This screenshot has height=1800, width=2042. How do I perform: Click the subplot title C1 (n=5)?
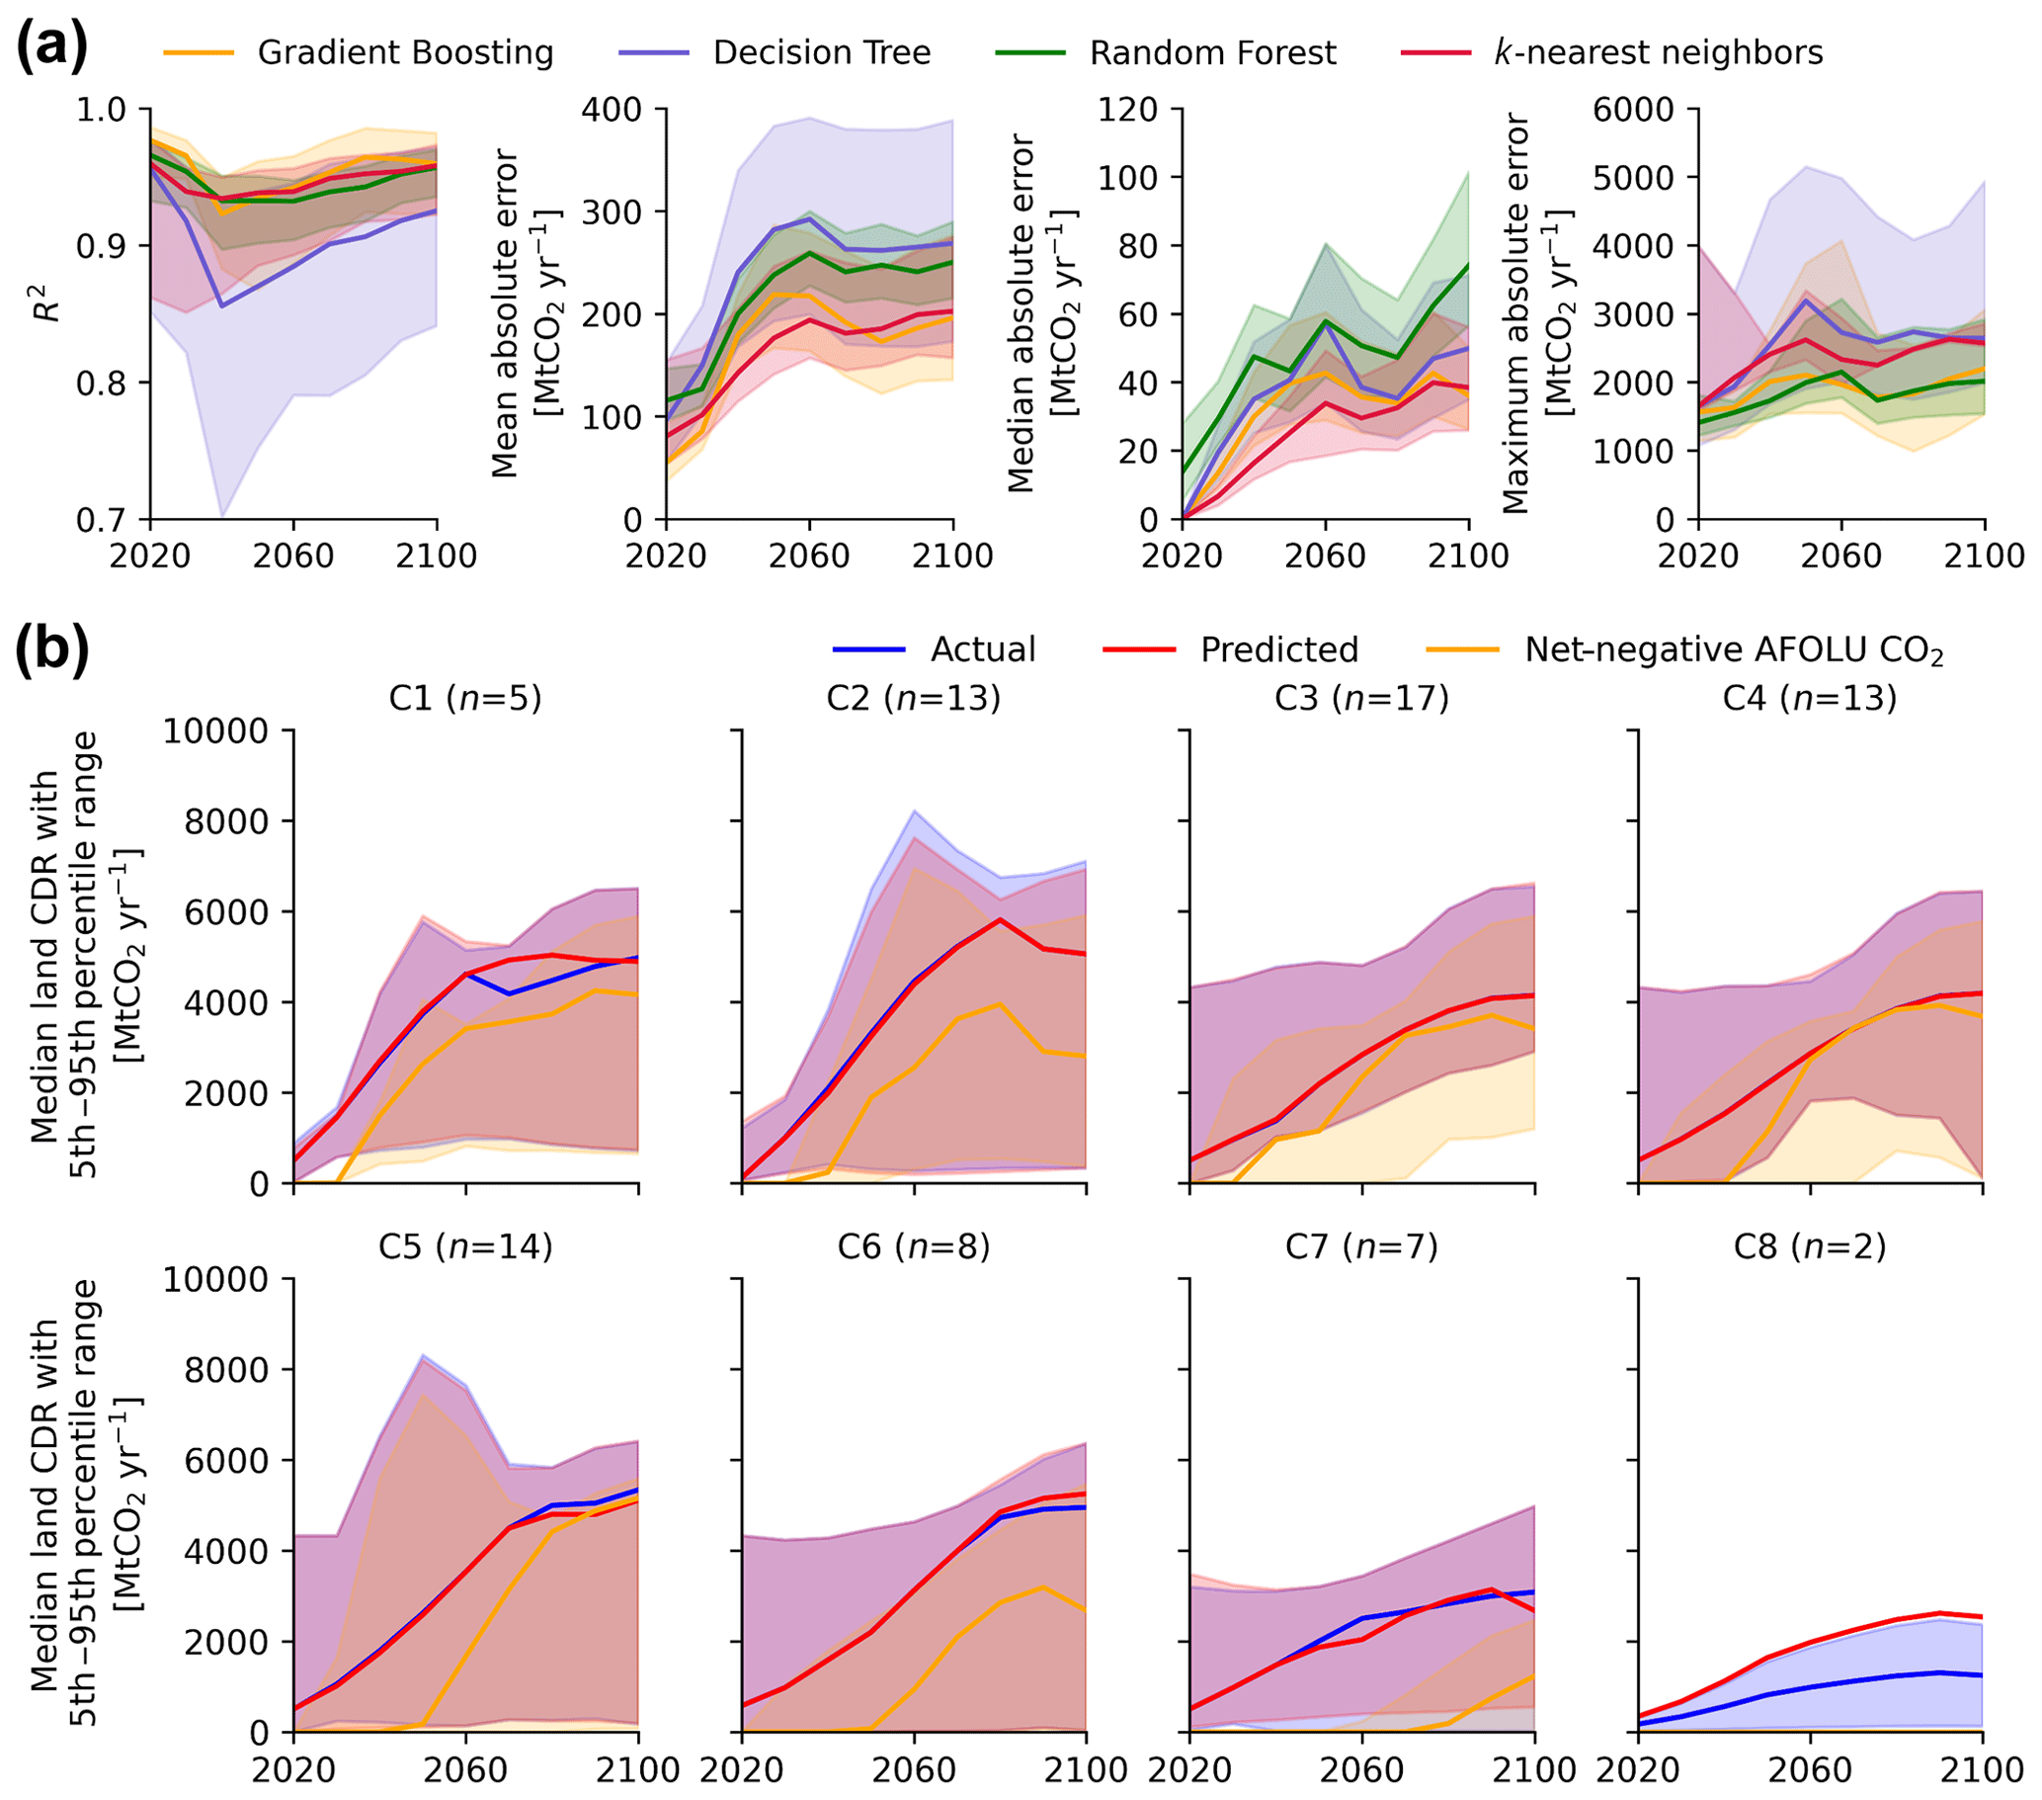point(465,698)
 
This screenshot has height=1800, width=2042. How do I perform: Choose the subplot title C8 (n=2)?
point(1810,1246)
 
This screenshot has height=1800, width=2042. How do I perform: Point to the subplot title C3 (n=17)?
point(1361,698)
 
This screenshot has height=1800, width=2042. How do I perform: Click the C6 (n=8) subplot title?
point(914,1246)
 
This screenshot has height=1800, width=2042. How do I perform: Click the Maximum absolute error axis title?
point(1539,312)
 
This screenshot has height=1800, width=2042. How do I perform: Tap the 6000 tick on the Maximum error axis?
point(1632,109)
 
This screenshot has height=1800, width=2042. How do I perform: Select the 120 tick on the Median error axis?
point(1127,109)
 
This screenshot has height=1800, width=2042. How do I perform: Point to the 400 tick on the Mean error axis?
point(612,109)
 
